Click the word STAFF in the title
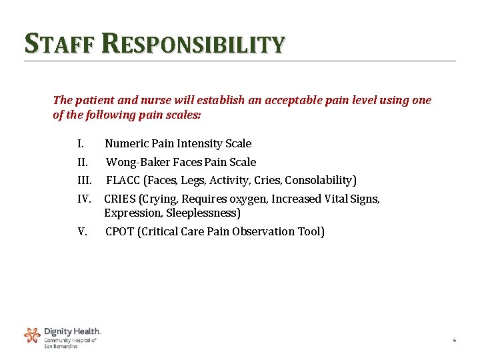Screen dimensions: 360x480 click(61, 44)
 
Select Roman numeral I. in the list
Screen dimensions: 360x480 click(80, 143)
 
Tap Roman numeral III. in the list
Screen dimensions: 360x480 click(85, 180)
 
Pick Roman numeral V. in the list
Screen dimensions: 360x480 click(83, 231)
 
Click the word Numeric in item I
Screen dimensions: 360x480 click(127, 143)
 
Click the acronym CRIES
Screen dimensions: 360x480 click(120, 199)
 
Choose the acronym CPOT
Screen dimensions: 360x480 click(120, 231)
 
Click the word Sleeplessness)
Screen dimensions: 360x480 click(207, 213)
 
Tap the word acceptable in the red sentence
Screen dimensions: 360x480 click(294, 101)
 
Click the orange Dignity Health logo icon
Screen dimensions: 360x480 click(32, 335)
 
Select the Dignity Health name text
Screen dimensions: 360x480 click(72, 331)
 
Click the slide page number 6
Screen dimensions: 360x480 click(454, 341)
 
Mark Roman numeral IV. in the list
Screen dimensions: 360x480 click(84, 199)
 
